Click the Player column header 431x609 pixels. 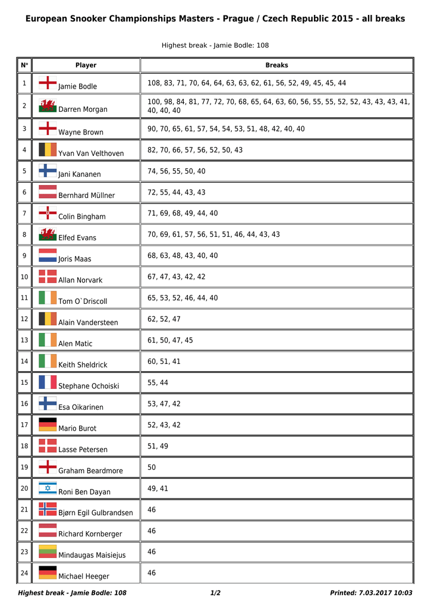[86, 65]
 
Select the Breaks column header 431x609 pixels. [276, 65]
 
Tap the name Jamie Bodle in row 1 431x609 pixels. [77, 86]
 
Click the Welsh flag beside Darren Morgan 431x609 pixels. [48, 106]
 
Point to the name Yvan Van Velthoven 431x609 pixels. [91, 153]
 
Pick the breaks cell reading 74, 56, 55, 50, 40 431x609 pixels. [177, 171]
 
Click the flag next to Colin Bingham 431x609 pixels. [48, 212]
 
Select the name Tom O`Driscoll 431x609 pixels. [83, 302]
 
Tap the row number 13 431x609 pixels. [24, 340]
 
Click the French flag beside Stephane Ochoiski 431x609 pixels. [48, 382]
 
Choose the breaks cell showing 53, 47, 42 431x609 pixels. [164, 404]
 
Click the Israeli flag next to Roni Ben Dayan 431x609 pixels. [48, 488]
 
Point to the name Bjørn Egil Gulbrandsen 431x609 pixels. [96, 513]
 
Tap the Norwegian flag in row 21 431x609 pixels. [48, 509]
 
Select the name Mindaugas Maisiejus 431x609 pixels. [92, 555]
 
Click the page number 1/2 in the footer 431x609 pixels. [215, 593]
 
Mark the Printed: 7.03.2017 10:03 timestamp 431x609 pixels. [371, 593]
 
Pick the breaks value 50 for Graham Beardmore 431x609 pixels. [152, 467]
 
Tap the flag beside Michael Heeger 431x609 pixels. [48, 573]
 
